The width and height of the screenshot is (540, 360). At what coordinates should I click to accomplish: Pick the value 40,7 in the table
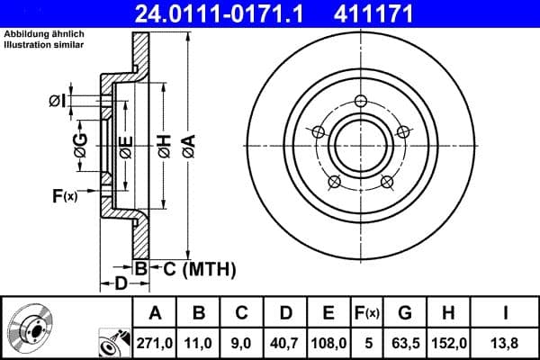[285, 342]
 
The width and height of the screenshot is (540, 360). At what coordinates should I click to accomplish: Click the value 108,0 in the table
[328, 342]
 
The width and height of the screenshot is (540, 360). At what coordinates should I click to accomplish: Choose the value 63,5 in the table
[405, 342]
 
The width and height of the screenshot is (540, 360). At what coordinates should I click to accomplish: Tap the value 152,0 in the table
[447, 342]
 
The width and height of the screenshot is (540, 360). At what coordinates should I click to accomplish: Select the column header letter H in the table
[447, 312]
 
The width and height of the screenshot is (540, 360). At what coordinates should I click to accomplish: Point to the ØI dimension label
[56, 101]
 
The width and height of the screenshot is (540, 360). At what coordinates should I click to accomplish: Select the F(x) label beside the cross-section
[63, 194]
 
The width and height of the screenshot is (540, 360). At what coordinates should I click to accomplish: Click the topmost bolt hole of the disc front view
[360, 100]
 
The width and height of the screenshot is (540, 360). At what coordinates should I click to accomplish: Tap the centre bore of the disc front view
[360, 144]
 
